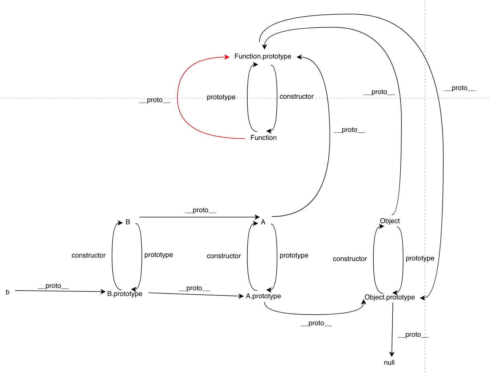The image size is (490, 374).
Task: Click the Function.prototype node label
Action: point(262,56)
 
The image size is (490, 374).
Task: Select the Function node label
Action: point(263,138)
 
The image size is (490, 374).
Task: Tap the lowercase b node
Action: point(8,292)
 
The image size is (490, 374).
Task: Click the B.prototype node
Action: point(124,294)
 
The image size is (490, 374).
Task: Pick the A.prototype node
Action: point(263,296)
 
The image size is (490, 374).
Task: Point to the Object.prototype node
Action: point(389,297)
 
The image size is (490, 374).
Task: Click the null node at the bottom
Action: point(389,363)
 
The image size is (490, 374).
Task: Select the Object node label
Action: point(389,221)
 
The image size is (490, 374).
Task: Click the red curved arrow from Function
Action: point(178,98)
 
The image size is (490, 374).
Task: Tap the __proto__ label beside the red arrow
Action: point(155,100)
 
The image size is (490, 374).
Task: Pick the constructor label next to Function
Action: point(296,96)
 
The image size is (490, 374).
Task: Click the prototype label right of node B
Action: point(158,255)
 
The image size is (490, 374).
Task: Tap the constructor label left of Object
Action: point(350,259)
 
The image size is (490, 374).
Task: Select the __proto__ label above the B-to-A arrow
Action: point(200,210)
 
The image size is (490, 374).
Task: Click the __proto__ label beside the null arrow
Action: point(413,335)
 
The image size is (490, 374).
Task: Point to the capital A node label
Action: point(263,222)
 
